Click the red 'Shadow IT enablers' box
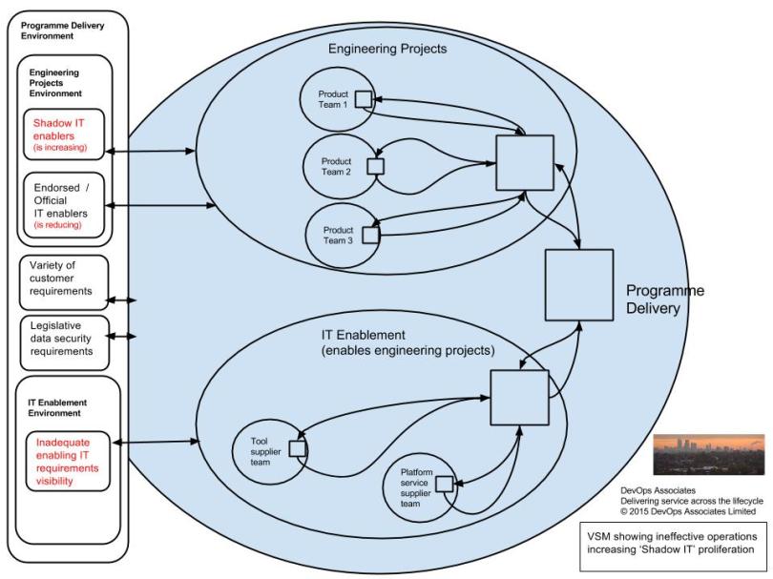[x=65, y=135]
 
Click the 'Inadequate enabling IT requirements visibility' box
[x=65, y=462]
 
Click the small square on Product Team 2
[x=375, y=166]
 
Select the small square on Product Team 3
[x=369, y=231]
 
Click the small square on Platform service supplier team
[x=443, y=484]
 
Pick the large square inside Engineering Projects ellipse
[x=525, y=165]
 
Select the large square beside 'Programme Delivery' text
[x=577, y=284]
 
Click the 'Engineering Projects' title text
[x=387, y=47]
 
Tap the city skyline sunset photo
[x=709, y=454]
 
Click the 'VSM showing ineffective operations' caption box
[x=670, y=542]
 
